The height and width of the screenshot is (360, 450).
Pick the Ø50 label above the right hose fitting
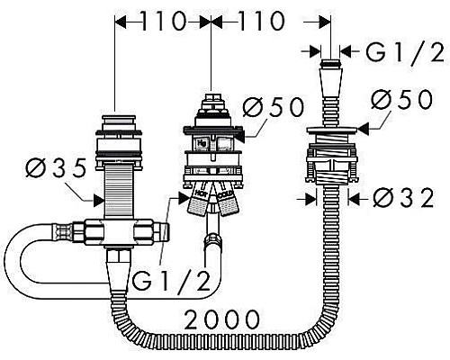click(x=402, y=101)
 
